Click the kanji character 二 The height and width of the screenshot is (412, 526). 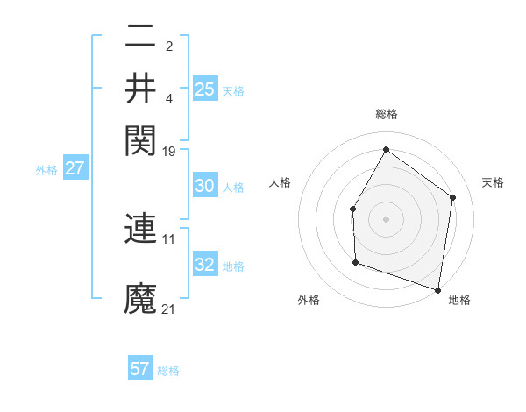[x=140, y=37]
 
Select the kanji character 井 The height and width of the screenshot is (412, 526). [x=140, y=88]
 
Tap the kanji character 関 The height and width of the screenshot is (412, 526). [x=140, y=139]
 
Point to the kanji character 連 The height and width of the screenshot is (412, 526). [x=140, y=229]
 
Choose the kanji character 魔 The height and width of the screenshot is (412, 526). [x=140, y=298]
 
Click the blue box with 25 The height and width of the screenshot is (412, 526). [x=205, y=89]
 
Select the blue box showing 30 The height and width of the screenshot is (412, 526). [x=205, y=186]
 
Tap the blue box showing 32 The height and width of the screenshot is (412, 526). [x=205, y=265]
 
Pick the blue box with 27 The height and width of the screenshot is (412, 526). [x=75, y=168]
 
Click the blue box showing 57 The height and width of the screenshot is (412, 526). [x=140, y=369]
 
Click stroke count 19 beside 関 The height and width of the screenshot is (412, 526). [x=169, y=151]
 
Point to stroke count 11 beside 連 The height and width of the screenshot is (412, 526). [x=169, y=238]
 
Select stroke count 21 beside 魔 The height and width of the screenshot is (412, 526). [x=169, y=309]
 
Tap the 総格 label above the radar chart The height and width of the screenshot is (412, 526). [x=386, y=114]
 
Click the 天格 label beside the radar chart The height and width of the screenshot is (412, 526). [x=493, y=182]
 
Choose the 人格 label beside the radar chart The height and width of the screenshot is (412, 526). [x=281, y=182]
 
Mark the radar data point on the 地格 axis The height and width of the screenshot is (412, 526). [x=437, y=289]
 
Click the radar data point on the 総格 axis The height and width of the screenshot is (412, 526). [x=386, y=149]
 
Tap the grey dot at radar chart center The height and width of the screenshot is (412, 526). [x=386, y=218]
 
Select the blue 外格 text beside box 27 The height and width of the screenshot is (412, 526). [x=46, y=170]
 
